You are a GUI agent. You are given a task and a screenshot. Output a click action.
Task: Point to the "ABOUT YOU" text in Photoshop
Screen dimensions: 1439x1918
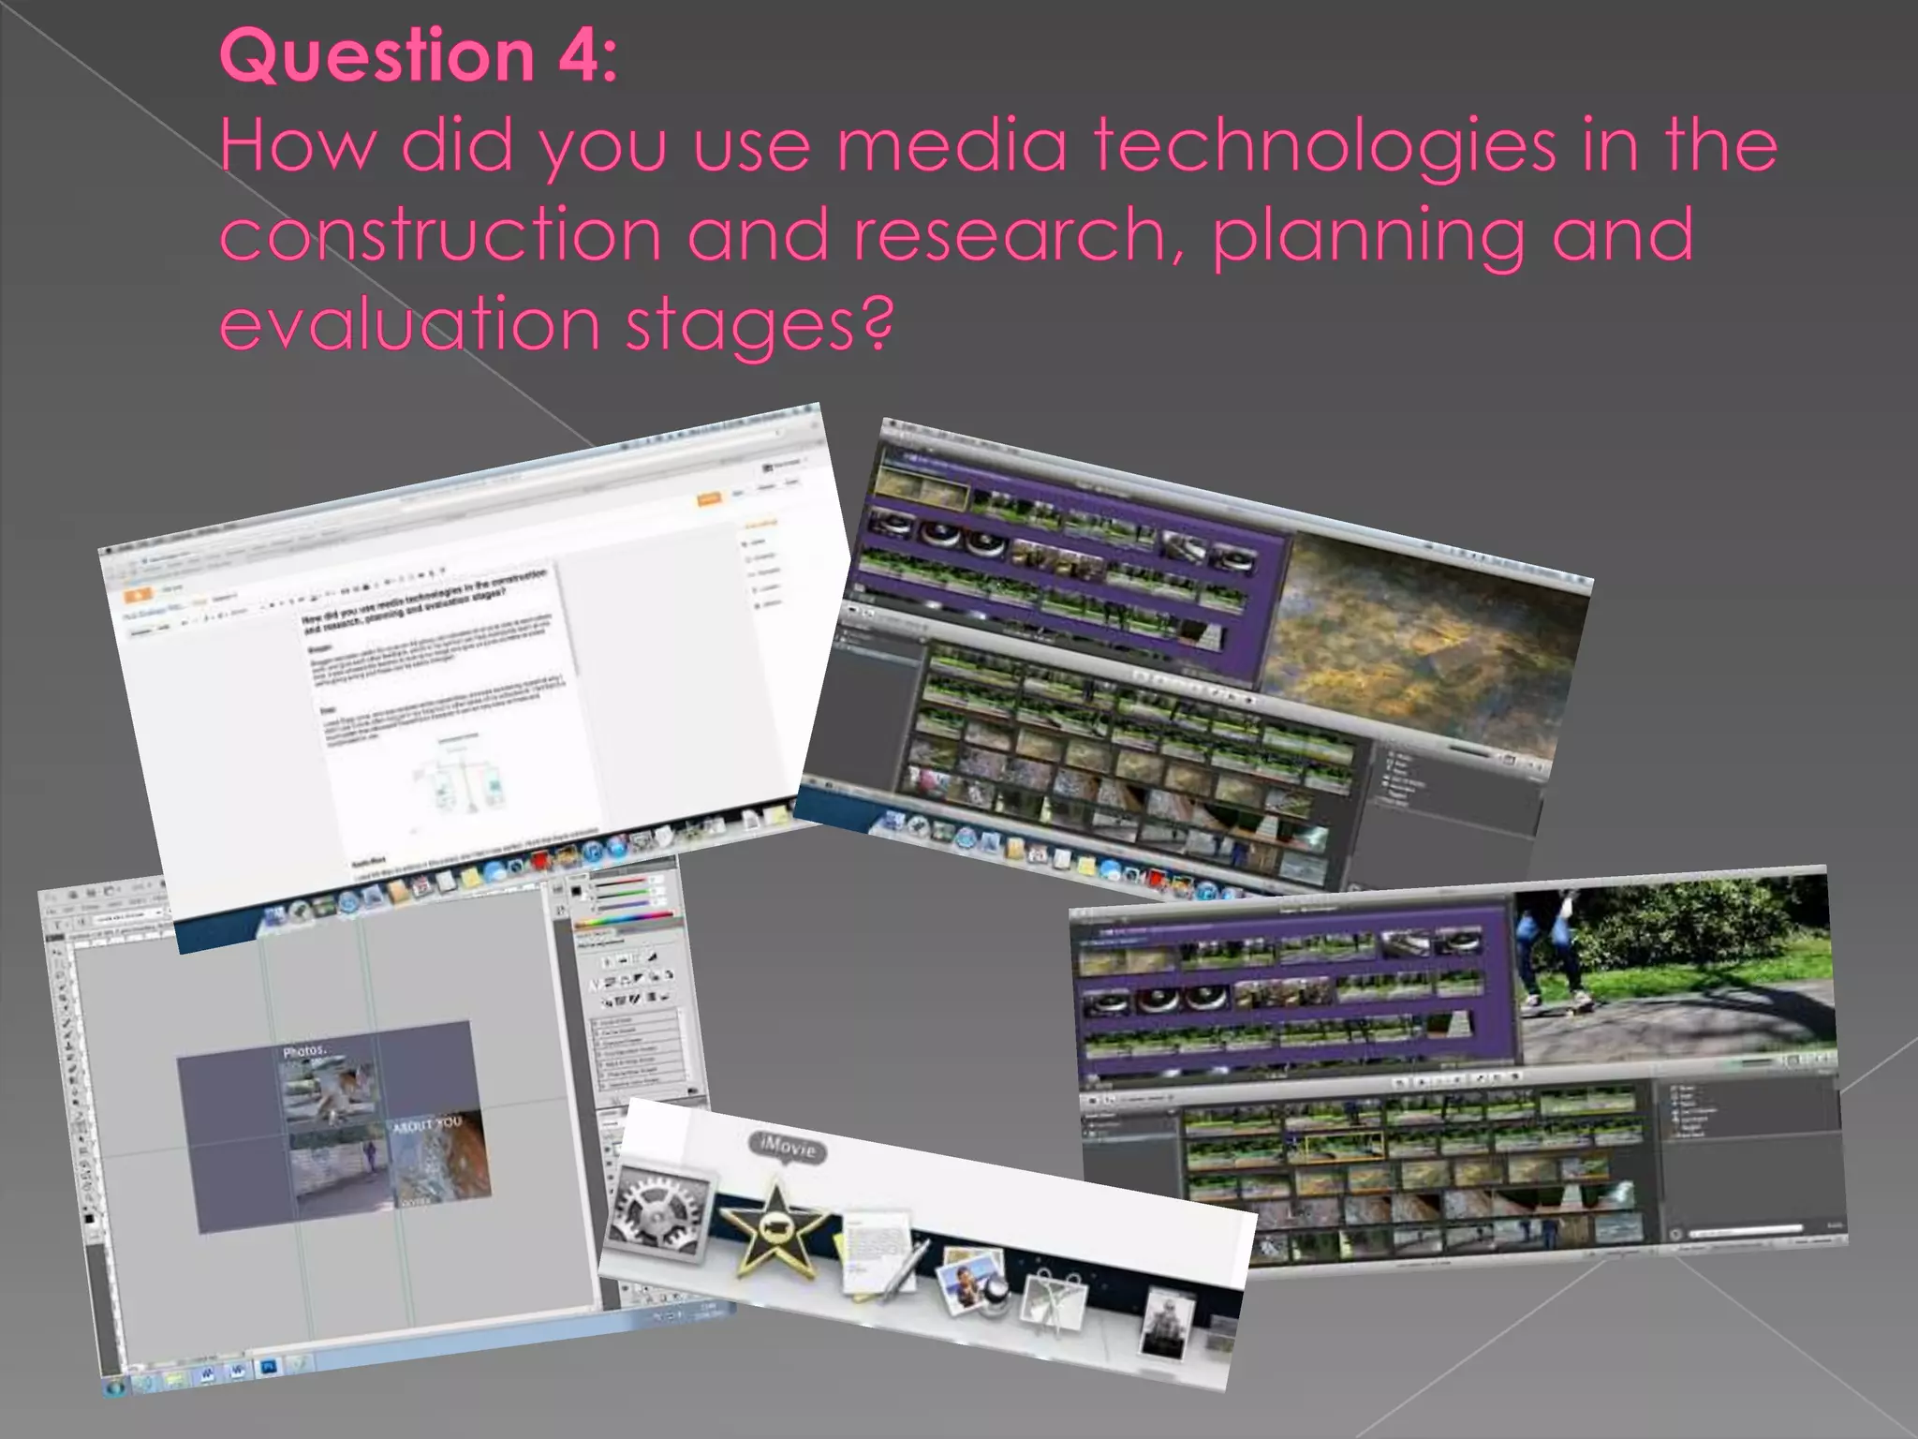[x=426, y=1124]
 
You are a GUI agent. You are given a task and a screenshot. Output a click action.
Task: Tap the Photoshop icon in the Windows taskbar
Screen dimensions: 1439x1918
[x=268, y=1368]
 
